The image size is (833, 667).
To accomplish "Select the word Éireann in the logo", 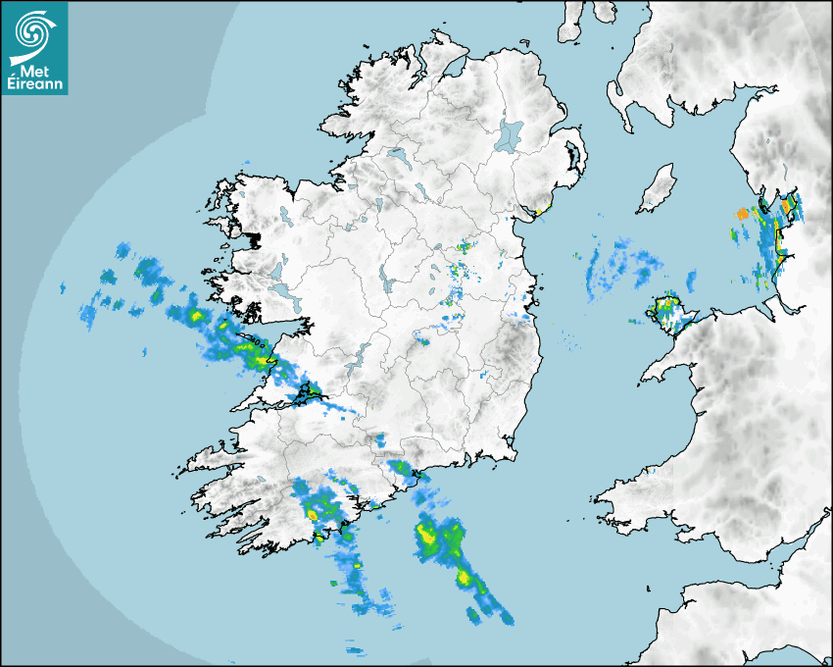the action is point(34,84).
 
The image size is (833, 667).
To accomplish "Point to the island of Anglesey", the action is point(669,311).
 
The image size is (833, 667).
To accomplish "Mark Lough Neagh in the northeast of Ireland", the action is point(510,134).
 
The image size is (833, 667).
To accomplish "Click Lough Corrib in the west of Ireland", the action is point(277,270).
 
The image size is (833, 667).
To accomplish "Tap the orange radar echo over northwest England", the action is point(743,213).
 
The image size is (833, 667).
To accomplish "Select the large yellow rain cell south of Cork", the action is point(428,535).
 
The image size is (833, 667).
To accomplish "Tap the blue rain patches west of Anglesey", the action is point(617,265).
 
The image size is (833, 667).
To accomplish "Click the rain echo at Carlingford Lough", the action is point(536,209).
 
